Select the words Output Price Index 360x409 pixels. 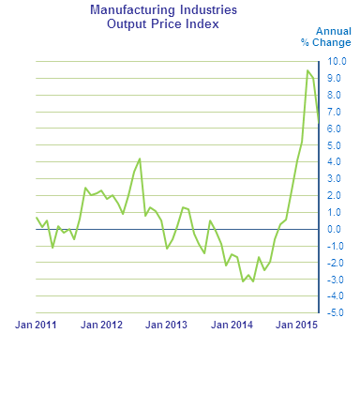162,23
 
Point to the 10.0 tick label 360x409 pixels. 336,61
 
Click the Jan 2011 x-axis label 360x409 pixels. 37,326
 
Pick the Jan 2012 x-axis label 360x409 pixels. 101,326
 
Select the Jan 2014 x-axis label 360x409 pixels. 230,326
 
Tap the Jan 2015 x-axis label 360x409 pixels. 294,326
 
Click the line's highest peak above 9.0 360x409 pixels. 307,70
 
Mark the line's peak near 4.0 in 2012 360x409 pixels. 140,159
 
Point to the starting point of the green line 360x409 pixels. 37,218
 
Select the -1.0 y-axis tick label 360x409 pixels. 336,246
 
